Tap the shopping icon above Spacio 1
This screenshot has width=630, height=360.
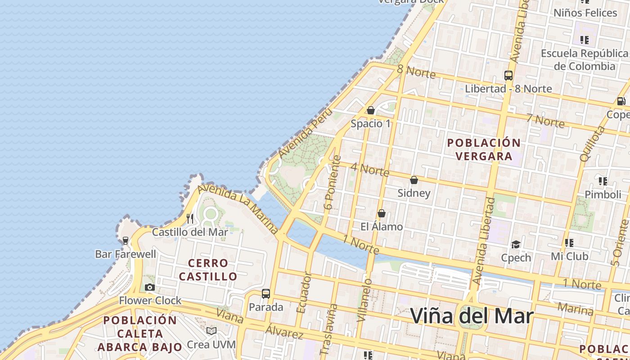[371, 110]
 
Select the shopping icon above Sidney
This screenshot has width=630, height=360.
[414, 180]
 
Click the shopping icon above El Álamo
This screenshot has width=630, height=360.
[382, 213]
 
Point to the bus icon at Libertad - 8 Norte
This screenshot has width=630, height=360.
[508, 76]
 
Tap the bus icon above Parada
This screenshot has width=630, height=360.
[266, 294]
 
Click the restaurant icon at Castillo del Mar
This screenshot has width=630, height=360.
[190, 219]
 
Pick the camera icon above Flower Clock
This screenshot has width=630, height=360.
[150, 287]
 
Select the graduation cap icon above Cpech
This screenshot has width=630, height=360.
[516, 244]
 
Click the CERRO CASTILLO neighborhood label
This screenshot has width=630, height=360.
[208, 270]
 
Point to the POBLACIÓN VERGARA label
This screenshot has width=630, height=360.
[484, 149]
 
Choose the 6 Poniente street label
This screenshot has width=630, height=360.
[333, 183]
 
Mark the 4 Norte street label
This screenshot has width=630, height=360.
[369, 170]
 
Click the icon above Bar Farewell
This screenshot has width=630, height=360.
[126, 241]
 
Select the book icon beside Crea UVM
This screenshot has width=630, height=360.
[211, 331]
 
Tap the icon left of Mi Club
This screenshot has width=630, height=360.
[569, 243]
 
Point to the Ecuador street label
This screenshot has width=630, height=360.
[304, 292]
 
